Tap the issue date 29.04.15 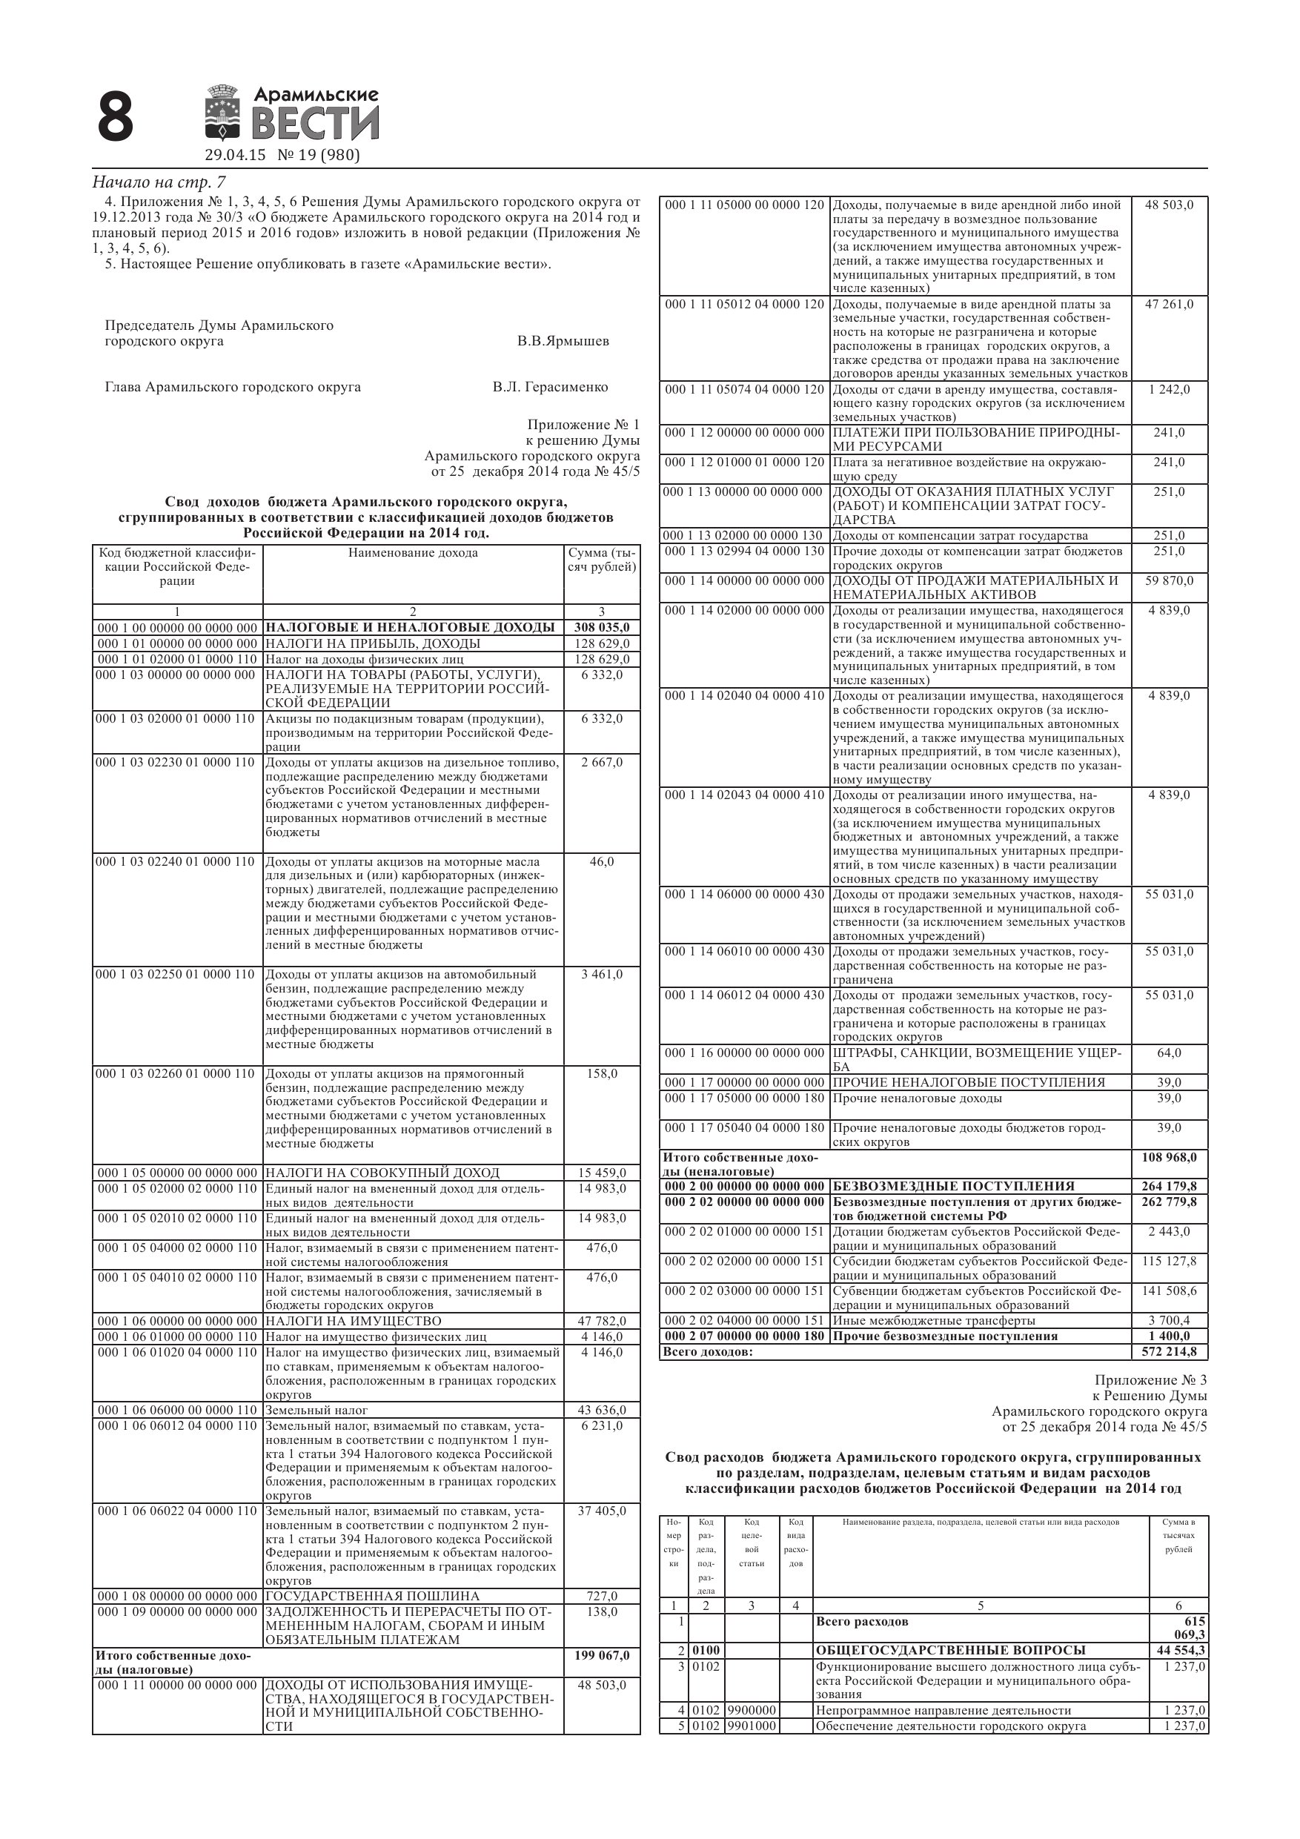click(235, 156)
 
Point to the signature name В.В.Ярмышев click(563, 341)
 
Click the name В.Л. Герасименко click(550, 388)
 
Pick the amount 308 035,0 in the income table click(602, 627)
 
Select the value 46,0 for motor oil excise click(602, 862)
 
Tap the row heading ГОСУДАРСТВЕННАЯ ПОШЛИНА click(373, 1597)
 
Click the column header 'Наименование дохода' click(413, 553)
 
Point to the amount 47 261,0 click(1169, 305)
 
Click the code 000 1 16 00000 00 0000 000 click(744, 1053)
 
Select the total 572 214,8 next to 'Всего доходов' click(1169, 1352)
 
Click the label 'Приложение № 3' click(1150, 1380)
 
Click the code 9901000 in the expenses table click(752, 1726)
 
